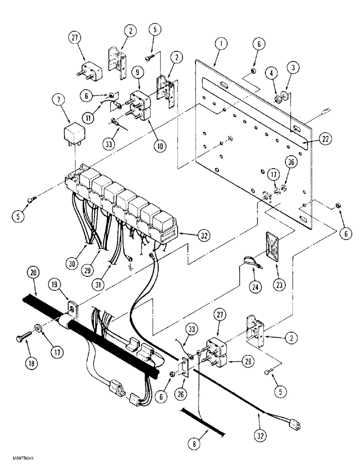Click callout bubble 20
point(32,272)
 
